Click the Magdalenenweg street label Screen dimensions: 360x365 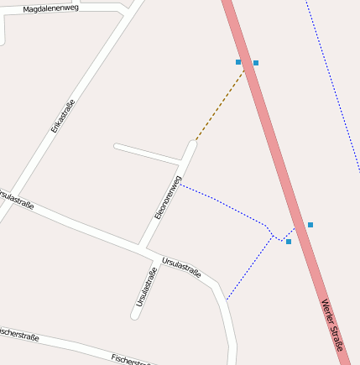click(50, 8)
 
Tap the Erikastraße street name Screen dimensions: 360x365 click(63, 116)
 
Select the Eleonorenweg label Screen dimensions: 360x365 click(168, 197)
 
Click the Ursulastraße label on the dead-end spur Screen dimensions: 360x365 click(146, 286)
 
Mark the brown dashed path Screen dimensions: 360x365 click(220, 106)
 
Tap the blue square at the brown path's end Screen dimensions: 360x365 click(238, 62)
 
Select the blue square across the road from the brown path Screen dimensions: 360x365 click(256, 63)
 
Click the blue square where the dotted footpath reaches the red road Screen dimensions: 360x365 click(289, 242)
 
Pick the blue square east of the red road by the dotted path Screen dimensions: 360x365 click(310, 225)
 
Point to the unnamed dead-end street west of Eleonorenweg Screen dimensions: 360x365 click(147, 153)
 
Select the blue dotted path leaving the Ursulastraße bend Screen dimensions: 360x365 click(249, 269)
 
